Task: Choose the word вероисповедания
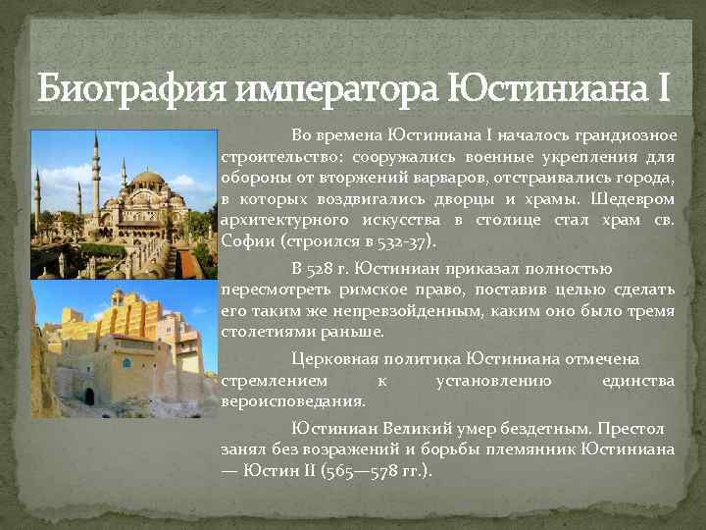click(293, 401)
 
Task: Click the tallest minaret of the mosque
click(96, 172)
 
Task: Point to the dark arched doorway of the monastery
click(89, 397)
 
